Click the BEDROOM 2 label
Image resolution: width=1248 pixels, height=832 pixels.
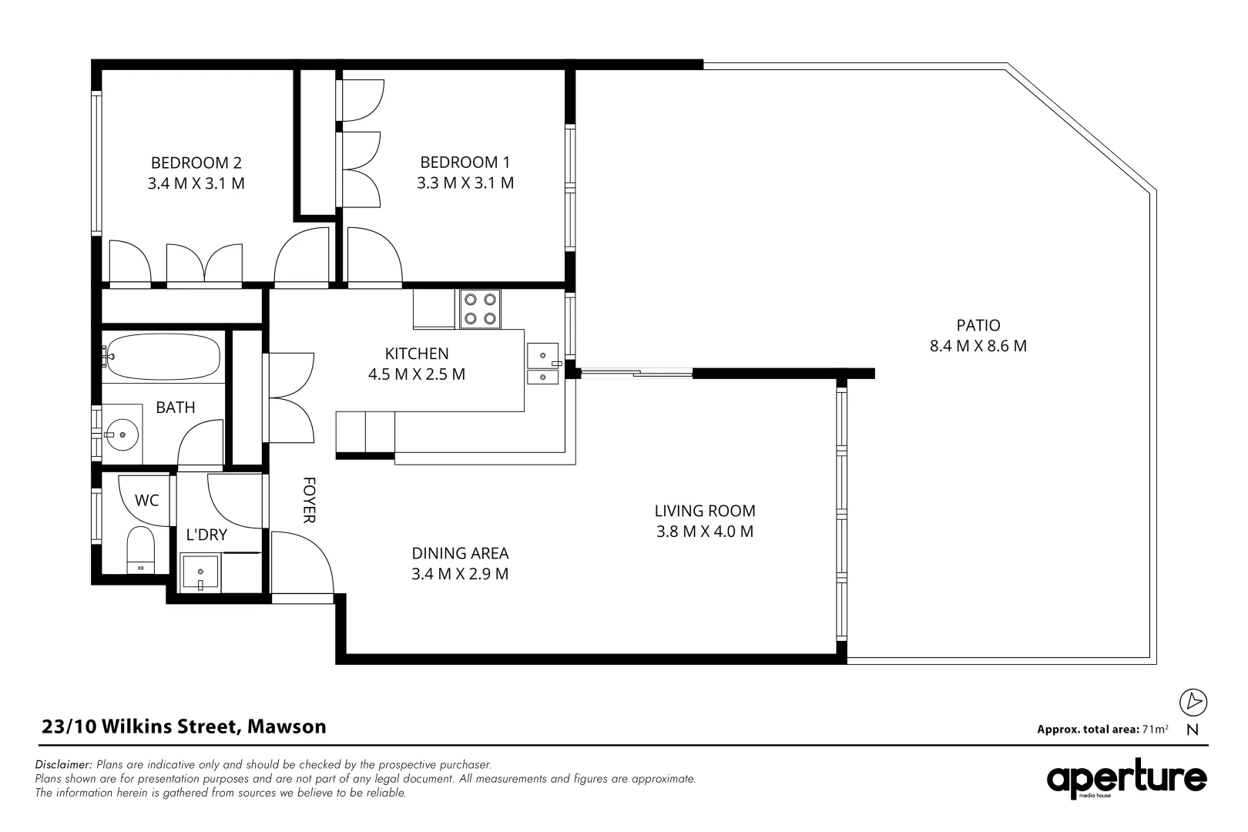(196, 163)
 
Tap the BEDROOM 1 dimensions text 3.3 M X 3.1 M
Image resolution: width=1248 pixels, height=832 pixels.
(465, 183)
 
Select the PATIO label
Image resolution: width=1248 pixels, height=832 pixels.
(978, 325)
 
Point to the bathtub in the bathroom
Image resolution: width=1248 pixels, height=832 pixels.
(163, 356)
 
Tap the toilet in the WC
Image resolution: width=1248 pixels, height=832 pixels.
(140, 549)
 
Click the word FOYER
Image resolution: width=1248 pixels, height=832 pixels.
(309, 500)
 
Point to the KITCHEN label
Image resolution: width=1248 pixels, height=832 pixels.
(417, 354)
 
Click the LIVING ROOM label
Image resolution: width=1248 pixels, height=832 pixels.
(704, 511)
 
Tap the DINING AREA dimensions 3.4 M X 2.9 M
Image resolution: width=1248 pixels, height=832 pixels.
(460, 574)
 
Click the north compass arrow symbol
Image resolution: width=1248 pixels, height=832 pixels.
(1193, 702)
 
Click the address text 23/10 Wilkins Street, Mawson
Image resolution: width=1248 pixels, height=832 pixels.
(183, 726)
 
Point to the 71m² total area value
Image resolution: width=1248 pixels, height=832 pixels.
(1156, 729)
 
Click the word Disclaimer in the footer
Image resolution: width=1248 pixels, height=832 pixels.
(64, 765)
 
